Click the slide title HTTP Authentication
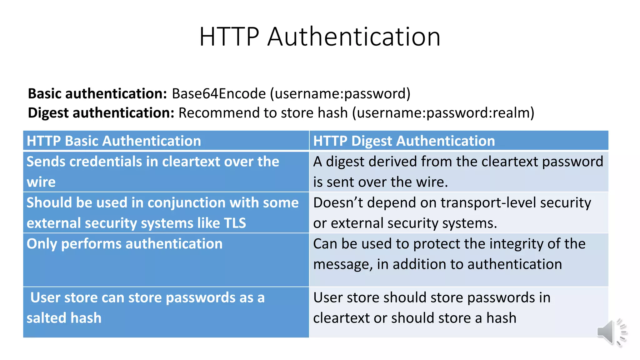point(320,37)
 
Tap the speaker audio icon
point(612,332)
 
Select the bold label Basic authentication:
point(97,94)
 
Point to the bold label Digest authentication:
point(101,113)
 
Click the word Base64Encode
point(219,94)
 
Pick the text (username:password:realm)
point(443,113)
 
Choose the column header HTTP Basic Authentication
point(114,141)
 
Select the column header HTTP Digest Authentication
point(404,141)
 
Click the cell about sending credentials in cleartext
point(152,172)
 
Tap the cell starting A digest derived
point(458,172)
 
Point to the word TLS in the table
point(235,223)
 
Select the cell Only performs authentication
point(124,244)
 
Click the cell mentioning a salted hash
point(145,308)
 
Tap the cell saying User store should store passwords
point(432,308)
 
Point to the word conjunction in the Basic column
point(180,203)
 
